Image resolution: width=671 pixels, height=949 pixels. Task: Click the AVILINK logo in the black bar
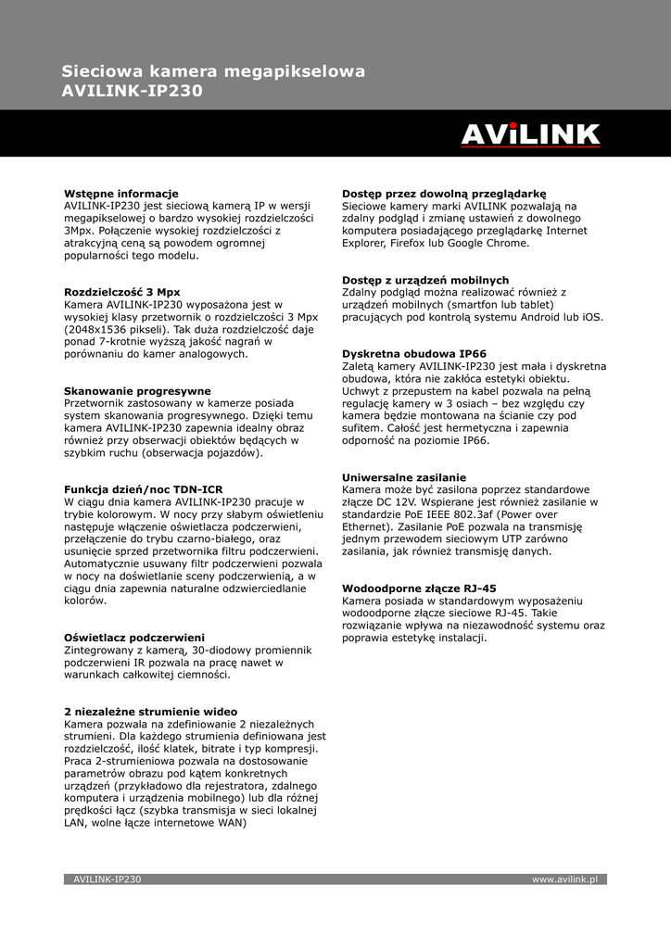(x=531, y=135)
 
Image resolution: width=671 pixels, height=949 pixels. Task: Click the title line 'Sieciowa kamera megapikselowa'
(x=213, y=71)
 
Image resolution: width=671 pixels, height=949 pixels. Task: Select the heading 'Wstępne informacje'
(x=121, y=193)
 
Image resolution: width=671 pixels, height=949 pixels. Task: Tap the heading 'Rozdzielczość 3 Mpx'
(x=122, y=292)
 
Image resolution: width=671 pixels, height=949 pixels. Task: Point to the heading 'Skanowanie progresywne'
(x=137, y=391)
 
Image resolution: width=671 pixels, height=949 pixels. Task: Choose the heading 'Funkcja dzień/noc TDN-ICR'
(x=144, y=489)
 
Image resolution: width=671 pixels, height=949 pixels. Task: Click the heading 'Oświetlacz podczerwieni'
(x=134, y=638)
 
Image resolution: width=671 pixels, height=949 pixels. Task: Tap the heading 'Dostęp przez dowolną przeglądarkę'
(x=444, y=193)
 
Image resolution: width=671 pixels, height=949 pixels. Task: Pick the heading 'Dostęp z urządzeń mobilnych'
(x=425, y=280)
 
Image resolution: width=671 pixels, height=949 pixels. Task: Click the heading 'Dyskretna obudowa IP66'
(x=414, y=354)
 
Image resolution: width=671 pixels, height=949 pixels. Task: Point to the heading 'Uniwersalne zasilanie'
(x=404, y=477)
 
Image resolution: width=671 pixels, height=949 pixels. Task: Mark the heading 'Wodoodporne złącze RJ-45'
(x=419, y=588)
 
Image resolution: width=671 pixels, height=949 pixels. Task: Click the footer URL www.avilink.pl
(x=564, y=879)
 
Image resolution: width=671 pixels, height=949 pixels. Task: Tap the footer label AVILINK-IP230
(x=108, y=879)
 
